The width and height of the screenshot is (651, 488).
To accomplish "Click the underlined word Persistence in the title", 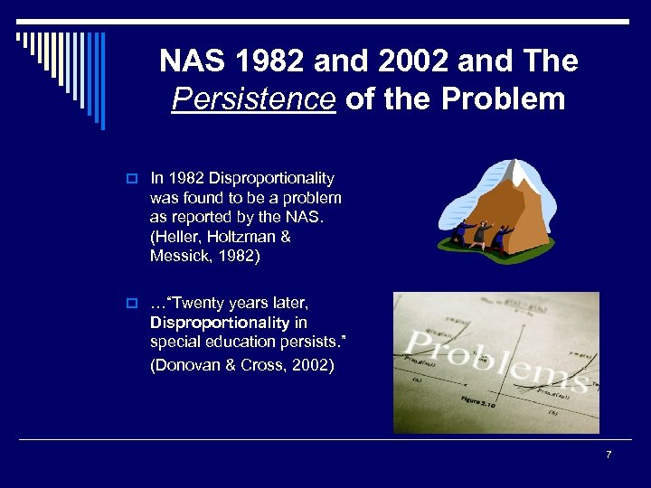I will coord(253,99).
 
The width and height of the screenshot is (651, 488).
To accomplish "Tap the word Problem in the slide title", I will coord(504,99).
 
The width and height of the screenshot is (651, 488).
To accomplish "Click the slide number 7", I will coord(609,455).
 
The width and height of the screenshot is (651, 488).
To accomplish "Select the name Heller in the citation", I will coord(177,236).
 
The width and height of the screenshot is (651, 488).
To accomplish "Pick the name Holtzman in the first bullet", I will coord(241,236).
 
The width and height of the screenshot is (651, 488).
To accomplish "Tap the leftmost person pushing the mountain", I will coord(460,232).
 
